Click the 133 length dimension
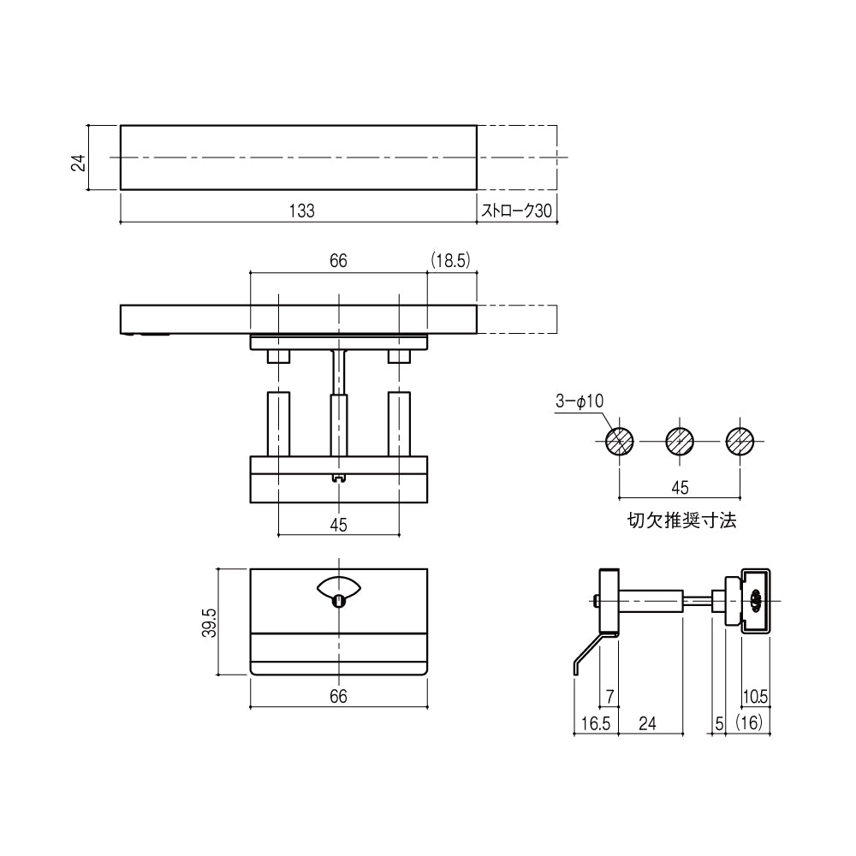point(302,211)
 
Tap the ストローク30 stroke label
point(516,211)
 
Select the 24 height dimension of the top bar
point(79,163)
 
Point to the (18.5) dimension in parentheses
point(450,260)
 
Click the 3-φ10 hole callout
point(580,401)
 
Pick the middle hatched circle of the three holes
point(680,441)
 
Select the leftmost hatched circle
point(620,441)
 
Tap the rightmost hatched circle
point(740,441)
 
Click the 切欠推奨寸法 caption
point(682,520)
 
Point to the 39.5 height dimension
point(210,623)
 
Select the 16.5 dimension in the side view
point(596,723)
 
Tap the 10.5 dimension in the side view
point(756,697)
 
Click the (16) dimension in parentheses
point(748,722)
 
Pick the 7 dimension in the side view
point(609,697)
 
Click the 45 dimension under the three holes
point(680,488)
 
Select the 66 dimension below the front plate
point(338,696)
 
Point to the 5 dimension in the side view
point(719,723)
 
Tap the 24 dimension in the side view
point(647,723)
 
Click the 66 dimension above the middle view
point(338,260)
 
